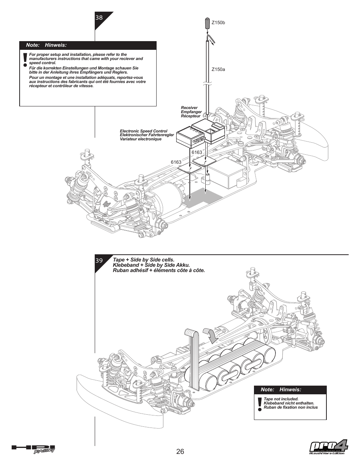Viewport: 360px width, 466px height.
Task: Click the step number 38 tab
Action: [99, 18]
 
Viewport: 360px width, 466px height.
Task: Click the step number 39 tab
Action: [99, 261]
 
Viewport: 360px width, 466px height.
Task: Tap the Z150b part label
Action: [218, 23]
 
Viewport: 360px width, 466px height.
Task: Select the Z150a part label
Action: [218, 69]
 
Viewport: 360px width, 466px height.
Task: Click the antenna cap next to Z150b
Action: [208, 23]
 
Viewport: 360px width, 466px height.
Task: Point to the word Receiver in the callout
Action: [189, 108]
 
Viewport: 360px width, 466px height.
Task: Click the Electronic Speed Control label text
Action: [143, 131]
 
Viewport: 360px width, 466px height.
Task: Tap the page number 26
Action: [180, 452]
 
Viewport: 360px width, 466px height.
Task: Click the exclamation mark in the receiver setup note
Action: [25, 59]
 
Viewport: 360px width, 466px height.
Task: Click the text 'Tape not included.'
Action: [281, 399]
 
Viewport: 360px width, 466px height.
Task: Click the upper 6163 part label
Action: [197, 152]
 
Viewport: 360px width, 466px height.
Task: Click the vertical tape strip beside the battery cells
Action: [193, 358]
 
